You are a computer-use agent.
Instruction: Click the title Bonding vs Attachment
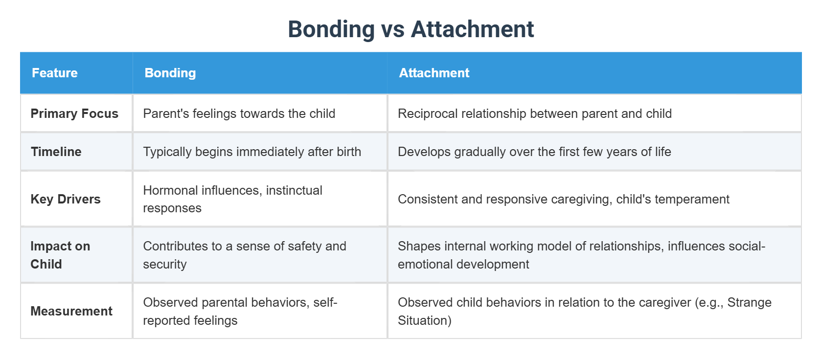pos(411,29)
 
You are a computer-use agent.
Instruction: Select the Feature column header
pos(54,73)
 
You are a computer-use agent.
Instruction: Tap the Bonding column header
pos(170,73)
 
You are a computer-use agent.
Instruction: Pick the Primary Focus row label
pos(74,113)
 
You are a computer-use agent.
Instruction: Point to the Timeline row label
pos(56,152)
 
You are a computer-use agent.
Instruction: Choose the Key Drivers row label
pos(65,199)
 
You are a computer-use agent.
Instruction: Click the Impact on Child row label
pos(60,255)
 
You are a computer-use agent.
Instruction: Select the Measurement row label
pos(71,311)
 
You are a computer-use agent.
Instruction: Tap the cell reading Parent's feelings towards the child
pos(239,113)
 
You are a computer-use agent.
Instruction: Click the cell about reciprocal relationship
pos(534,113)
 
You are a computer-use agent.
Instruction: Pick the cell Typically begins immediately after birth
pos(251,152)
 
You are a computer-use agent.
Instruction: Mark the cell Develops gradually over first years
pos(534,152)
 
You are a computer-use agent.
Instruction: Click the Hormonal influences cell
pos(232,199)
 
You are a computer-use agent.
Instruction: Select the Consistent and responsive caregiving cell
pos(563,199)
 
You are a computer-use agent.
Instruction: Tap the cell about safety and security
pos(244,255)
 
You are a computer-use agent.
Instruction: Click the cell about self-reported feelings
pos(240,311)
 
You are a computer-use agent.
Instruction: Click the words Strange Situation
pos(749,303)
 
